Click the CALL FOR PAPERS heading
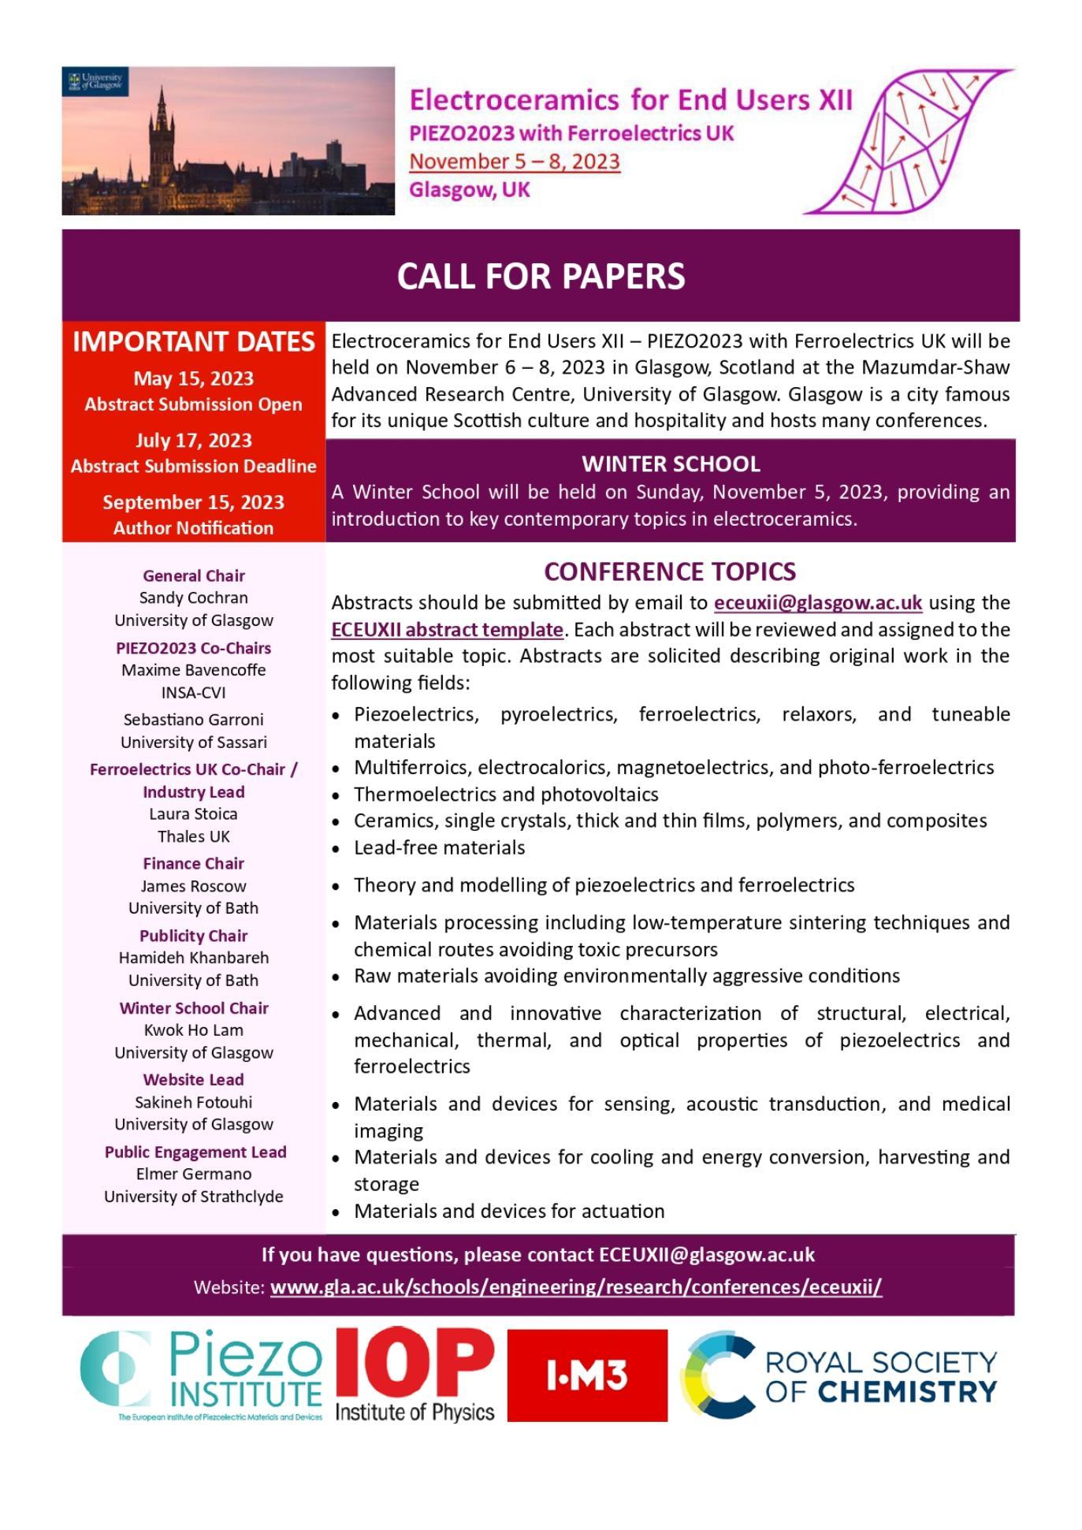tap(541, 276)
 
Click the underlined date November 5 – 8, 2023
tap(515, 162)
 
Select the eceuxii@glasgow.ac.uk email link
tap(817, 603)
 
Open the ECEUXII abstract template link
tap(447, 630)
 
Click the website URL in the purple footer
tap(575, 1287)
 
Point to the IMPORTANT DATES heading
tap(194, 342)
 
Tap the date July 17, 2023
tap(194, 441)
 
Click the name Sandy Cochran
tap(194, 598)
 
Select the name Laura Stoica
tap(194, 814)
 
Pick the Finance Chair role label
tap(194, 864)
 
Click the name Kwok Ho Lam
tap(194, 1030)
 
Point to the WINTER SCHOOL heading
tap(671, 463)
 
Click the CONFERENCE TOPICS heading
tap(670, 571)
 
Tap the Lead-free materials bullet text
tap(439, 848)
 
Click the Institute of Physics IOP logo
tap(415, 1376)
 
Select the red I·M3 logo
tap(587, 1376)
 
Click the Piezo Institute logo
tap(202, 1376)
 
